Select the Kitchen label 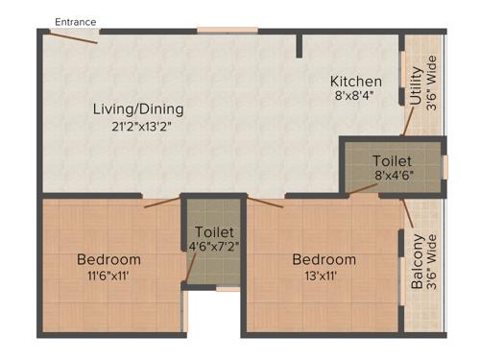[356, 81]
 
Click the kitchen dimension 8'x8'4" [356, 97]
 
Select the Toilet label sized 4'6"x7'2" [212, 232]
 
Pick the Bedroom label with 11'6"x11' [108, 259]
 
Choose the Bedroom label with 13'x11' [324, 259]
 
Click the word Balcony [417, 262]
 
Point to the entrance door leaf [72, 37]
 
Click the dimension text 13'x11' [324, 276]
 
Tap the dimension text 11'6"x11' [108, 276]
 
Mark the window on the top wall [228, 31]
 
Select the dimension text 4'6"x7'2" [212, 248]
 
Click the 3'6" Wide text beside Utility [432, 86]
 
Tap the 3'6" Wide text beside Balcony [433, 262]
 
